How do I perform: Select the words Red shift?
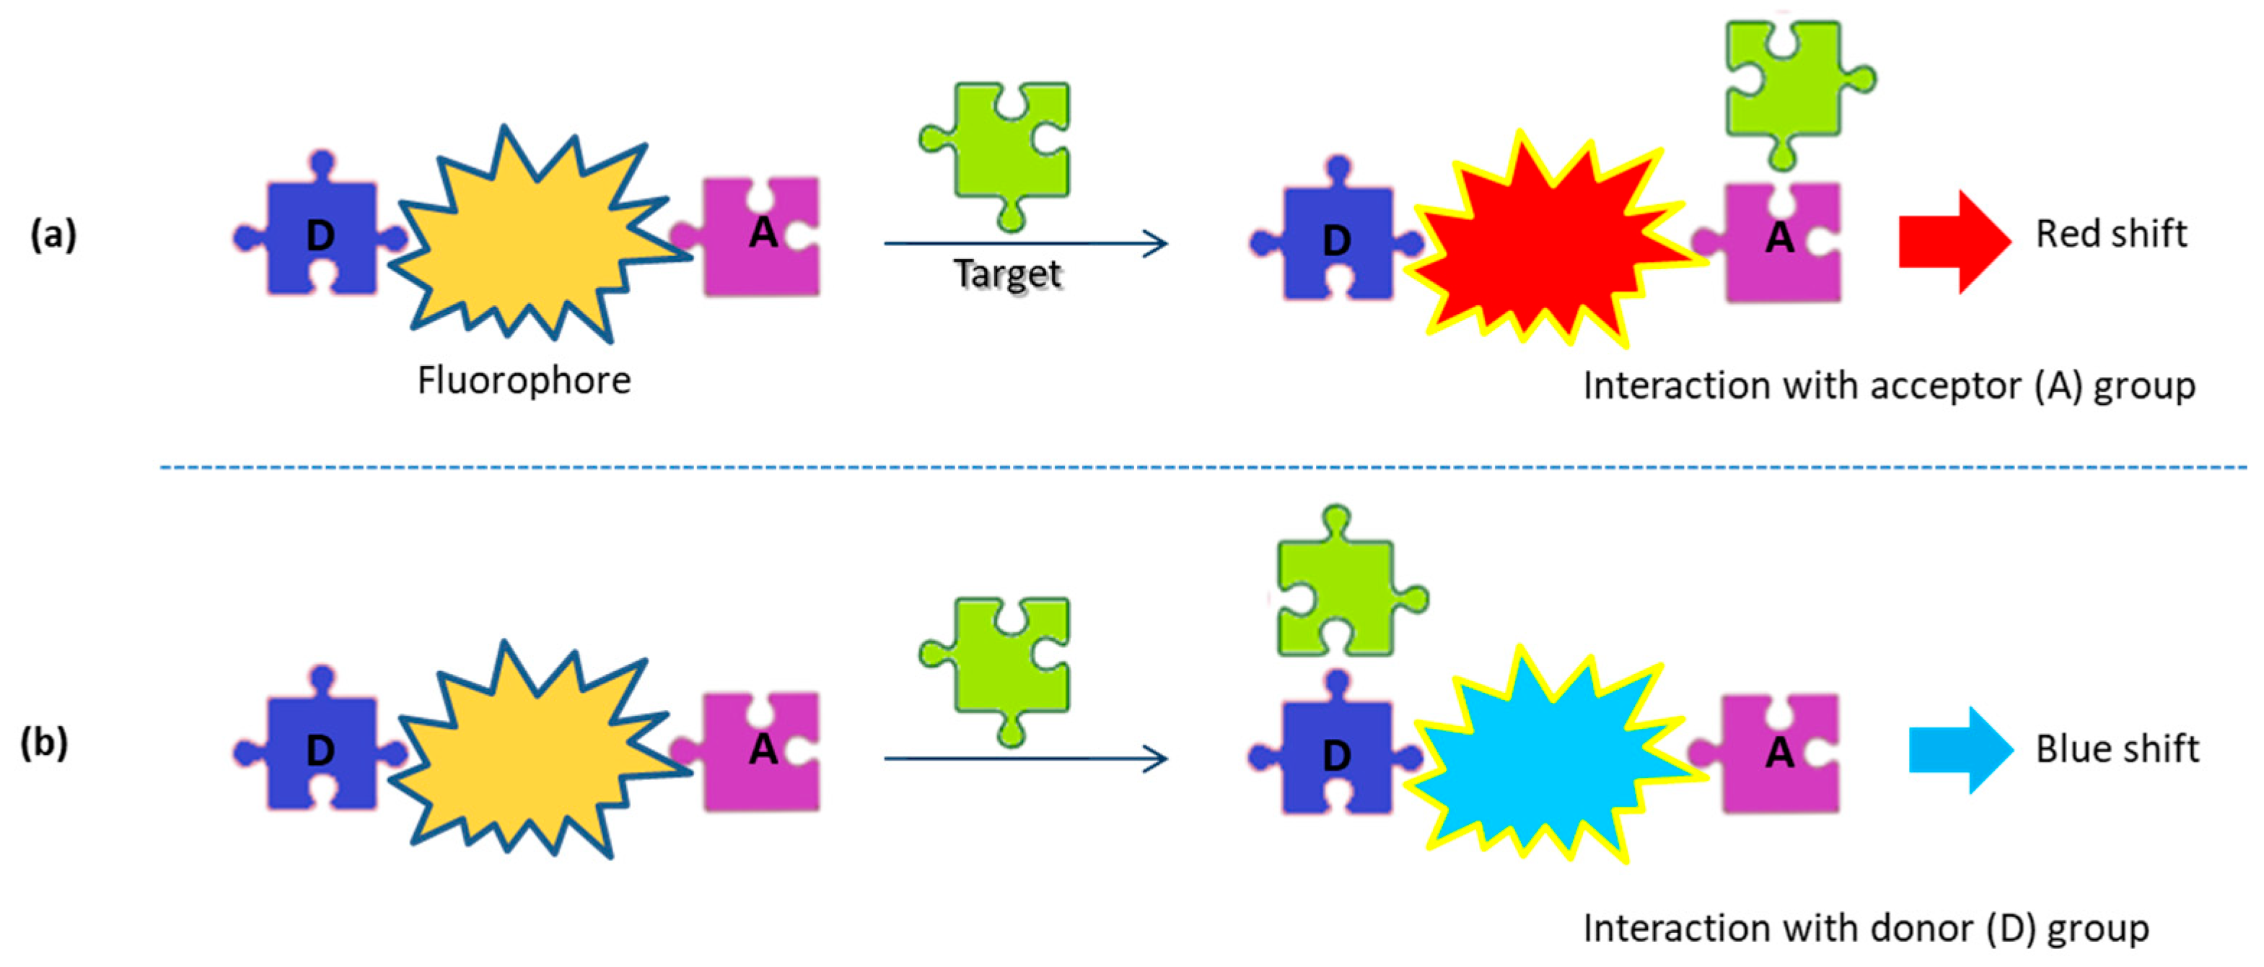point(2111,235)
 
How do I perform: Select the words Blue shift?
point(2116,750)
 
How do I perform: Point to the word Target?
point(1007,274)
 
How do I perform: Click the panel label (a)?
point(53,235)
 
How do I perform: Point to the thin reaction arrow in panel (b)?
point(1024,758)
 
